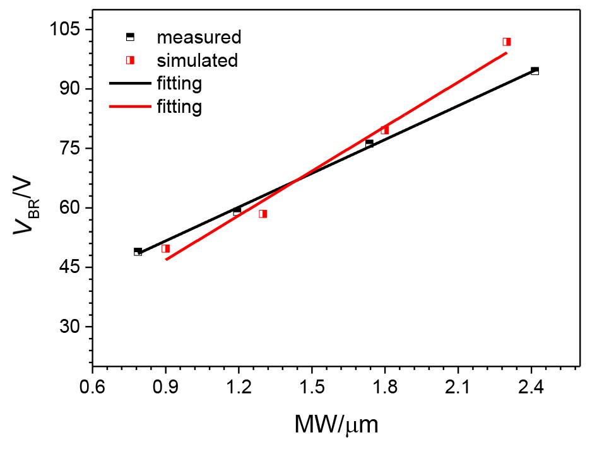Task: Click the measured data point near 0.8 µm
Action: point(138,252)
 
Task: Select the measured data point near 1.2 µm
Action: point(237,211)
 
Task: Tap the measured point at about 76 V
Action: point(369,144)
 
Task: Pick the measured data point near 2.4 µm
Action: point(535,71)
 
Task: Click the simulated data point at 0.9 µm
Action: point(165,248)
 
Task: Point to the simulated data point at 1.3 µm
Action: point(263,214)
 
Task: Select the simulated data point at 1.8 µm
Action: point(384,130)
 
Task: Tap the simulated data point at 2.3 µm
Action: point(506,42)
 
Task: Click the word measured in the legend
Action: point(199,37)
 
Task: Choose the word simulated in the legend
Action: point(198,61)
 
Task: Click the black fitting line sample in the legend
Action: point(129,83)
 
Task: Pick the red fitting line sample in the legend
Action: point(129,107)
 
